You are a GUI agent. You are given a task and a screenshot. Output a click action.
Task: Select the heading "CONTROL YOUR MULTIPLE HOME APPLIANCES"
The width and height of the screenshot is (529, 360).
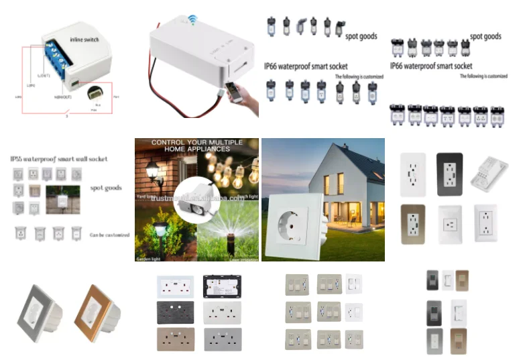tap(196, 147)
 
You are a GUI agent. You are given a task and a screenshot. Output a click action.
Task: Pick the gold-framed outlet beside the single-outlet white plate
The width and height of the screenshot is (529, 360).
tap(413, 225)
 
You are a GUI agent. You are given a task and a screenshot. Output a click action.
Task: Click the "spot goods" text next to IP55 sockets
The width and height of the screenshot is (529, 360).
tap(105, 188)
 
